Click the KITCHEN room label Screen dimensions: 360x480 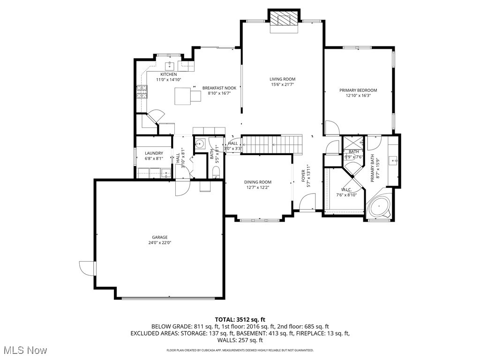168,75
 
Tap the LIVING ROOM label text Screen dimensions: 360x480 282,79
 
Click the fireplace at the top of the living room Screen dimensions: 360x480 284,20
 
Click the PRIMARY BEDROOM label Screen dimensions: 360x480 358,90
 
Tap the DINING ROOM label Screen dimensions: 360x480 257,182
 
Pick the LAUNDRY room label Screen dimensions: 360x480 154,153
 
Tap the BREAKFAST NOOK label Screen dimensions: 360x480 219,88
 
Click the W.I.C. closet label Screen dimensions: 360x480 346,189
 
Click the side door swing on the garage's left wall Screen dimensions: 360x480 87,268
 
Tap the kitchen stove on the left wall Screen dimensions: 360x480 141,91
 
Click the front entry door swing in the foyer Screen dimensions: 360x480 307,203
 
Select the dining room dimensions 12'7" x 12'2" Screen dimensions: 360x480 257,187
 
